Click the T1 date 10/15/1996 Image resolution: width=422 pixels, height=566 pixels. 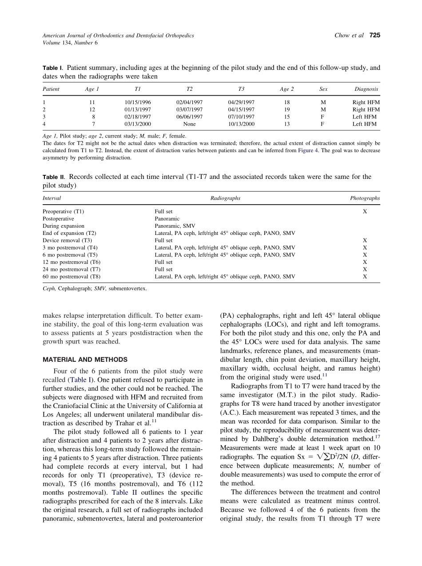point(138,102)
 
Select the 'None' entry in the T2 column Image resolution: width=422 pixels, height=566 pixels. point(189,124)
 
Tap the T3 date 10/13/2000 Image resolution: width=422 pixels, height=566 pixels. point(241,124)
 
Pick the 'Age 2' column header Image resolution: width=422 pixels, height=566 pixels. point(287,89)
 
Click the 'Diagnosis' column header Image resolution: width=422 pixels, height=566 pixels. point(366,89)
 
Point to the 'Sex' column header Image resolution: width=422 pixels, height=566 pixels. point(323,89)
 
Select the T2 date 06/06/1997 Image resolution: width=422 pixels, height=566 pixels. point(189,117)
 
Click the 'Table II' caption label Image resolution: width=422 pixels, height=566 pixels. point(54,177)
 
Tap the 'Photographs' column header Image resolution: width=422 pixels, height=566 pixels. point(365,198)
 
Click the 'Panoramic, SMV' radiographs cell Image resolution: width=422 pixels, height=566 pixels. point(175,226)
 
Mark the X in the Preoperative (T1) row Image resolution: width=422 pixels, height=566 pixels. point(365,212)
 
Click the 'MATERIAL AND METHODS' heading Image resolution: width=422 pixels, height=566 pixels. point(85,360)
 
